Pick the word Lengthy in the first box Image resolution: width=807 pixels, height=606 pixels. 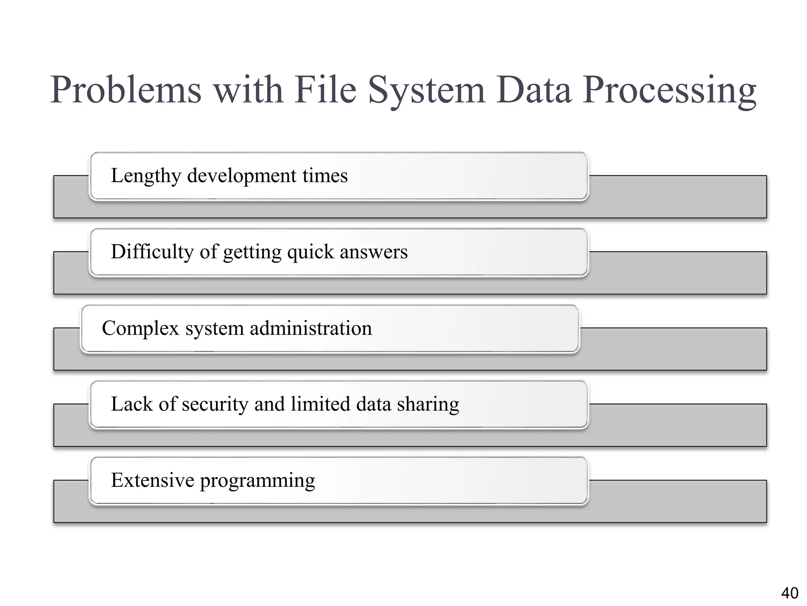coord(145,176)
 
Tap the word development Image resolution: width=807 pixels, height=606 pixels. coord(242,176)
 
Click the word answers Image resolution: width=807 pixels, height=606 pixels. coord(374,252)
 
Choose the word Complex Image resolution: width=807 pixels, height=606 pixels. coord(140,328)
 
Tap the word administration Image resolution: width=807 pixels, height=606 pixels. coord(311,328)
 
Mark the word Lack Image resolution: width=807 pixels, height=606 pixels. coord(132,404)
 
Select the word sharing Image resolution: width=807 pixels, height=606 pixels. coord(428,404)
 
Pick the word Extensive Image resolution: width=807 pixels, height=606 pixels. coord(152,481)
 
